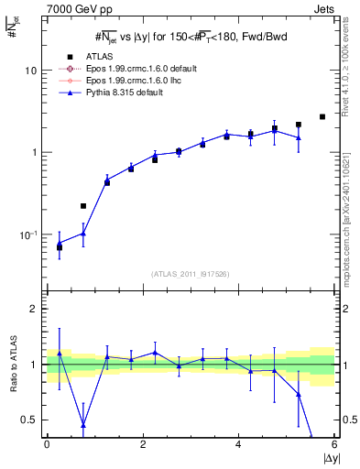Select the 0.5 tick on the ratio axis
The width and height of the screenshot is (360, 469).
coord(28,420)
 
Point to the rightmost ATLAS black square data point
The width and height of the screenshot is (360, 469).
coord(322,116)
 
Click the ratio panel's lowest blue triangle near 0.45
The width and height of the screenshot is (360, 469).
coord(83,425)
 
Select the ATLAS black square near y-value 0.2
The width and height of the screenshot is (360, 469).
coord(83,206)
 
